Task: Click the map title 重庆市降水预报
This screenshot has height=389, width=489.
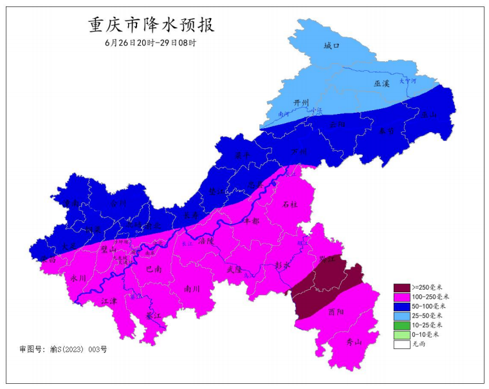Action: tap(151, 25)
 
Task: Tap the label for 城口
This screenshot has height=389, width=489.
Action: tap(331, 46)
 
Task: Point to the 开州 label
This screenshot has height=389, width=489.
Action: tap(301, 103)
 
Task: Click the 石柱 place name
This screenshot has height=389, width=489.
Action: tap(291, 204)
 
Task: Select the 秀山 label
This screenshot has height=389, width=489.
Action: tap(355, 342)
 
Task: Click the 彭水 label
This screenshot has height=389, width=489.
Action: tap(282, 265)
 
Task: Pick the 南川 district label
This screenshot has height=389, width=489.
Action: tap(192, 289)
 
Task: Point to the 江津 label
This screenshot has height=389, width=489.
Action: tap(110, 300)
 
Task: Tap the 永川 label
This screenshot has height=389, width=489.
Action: tap(78, 278)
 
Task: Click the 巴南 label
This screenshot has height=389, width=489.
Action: tap(154, 269)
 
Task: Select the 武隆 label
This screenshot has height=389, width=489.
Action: tap(234, 269)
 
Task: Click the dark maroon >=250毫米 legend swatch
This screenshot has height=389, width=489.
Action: tap(401, 287)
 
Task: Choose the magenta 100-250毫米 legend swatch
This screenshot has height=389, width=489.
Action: tap(401, 297)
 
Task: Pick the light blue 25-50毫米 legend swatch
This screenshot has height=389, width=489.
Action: tap(401, 316)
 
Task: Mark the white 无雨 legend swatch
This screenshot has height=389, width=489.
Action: tap(401, 344)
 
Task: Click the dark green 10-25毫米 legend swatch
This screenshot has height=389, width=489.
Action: tap(401, 325)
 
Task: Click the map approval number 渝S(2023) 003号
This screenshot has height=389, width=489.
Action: tap(63, 349)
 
